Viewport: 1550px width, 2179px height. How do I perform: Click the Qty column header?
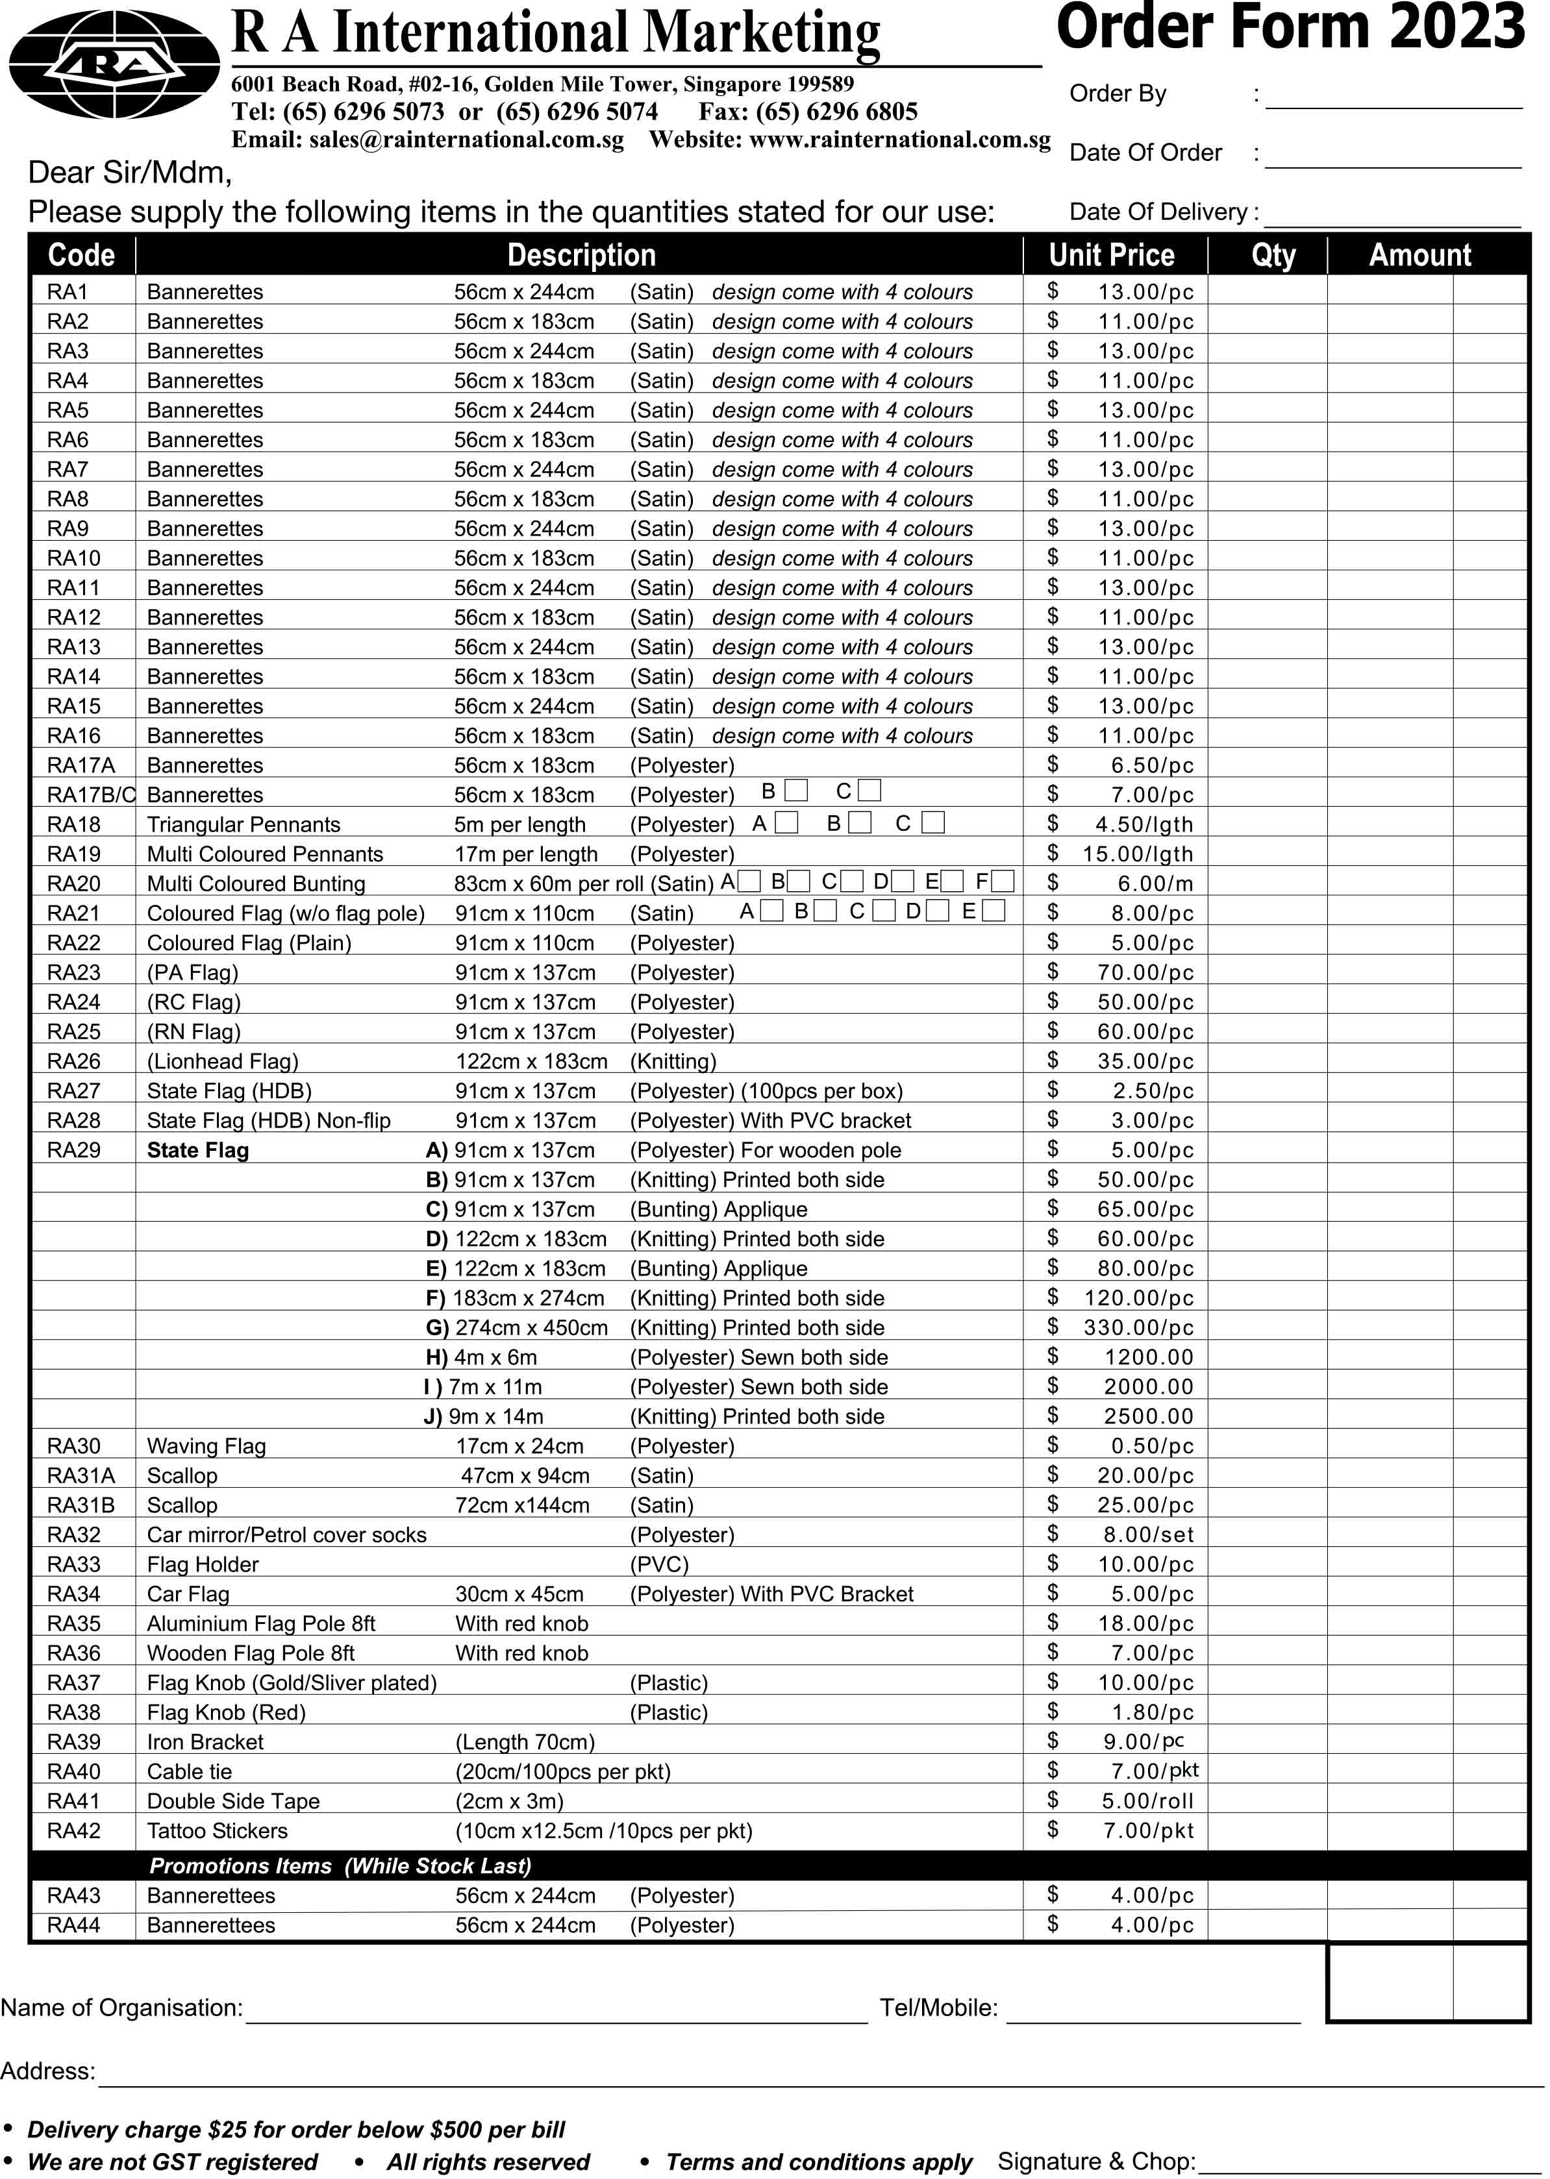tap(1273, 254)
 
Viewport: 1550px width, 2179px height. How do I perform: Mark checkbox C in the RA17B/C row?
tap(869, 790)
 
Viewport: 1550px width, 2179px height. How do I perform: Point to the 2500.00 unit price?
tap(1148, 1416)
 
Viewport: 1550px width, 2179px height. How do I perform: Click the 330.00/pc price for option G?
tap(1138, 1327)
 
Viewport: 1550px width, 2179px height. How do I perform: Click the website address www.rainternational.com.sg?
tap(899, 140)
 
